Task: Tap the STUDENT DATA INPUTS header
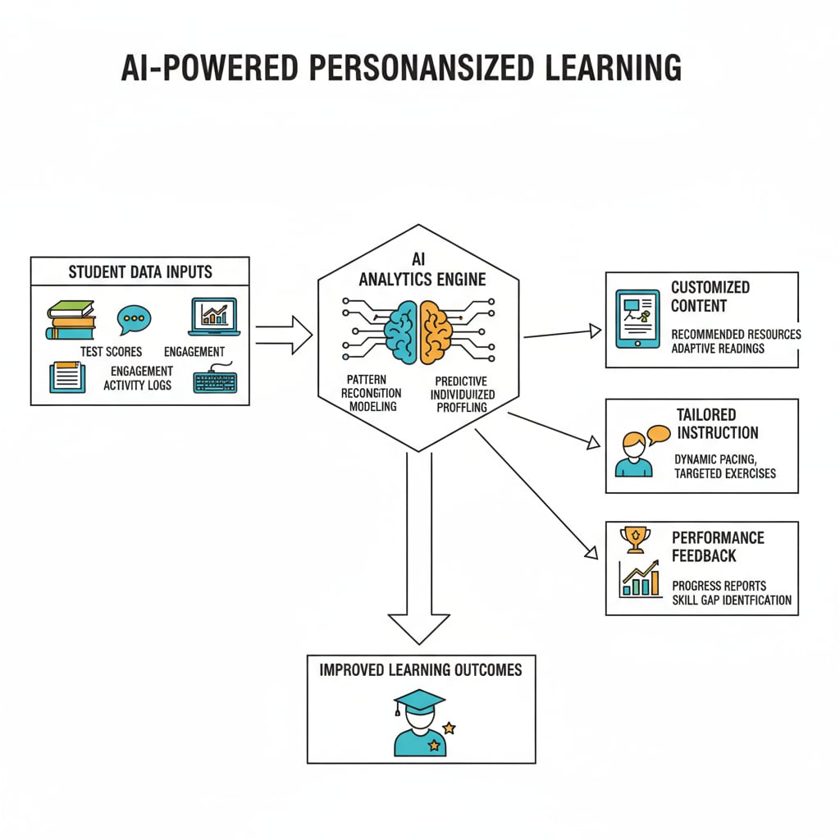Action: click(x=139, y=272)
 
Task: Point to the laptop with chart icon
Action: click(x=212, y=317)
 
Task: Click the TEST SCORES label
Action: click(x=111, y=352)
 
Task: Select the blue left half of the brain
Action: click(x=401, y=332)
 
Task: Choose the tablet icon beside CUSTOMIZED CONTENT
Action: click(x=637, y=317)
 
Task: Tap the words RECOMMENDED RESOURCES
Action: click(x=736, y=335)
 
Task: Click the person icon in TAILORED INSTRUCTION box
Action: click(x=633, y=456)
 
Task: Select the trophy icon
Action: click(x=636, y=539)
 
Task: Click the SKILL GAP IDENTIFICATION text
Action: click(x=732, y=600)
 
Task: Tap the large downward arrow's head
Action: click(x=418, y=627)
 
